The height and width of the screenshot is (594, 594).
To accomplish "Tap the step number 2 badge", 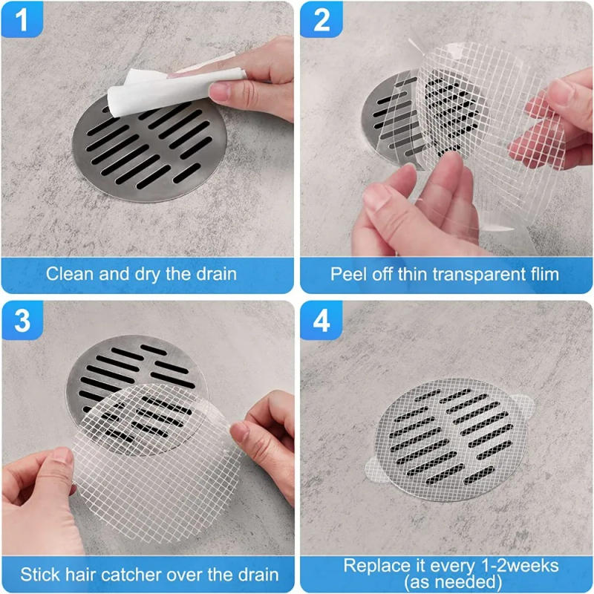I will click(x=321, y=20).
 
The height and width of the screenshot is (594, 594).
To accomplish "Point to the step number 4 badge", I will click(x=321, y=321).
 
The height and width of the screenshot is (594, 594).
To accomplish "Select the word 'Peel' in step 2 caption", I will click(x=347, y=273).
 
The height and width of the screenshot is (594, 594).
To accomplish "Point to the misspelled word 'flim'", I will click(x=541, y=273).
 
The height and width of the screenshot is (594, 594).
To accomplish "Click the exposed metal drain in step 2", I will click(x=390, y=119).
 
